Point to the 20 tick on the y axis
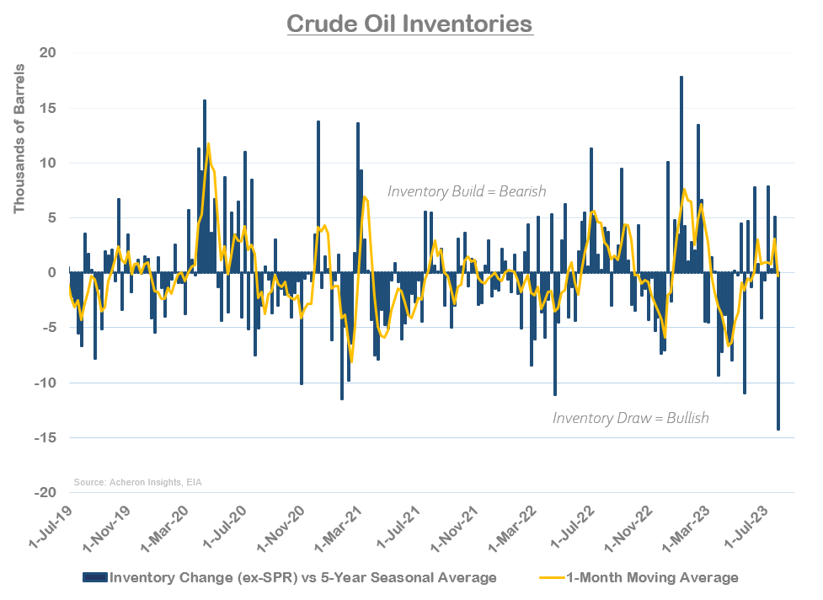[48, 53]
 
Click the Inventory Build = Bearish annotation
[467, 191]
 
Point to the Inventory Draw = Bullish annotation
[631, 417]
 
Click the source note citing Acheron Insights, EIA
[137, 482]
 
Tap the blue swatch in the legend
[95, 577]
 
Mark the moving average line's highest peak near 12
[208, 144]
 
